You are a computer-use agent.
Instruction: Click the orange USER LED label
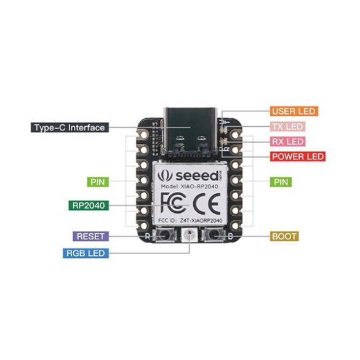(x=294, y=111)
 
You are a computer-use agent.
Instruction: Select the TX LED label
(x=287, y=127)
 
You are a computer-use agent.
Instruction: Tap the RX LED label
(x=287, y=142)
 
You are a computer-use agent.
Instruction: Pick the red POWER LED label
(x=298, y=156)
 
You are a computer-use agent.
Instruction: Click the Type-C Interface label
(x=70, y=127)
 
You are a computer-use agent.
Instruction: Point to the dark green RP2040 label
(x=89, y=206)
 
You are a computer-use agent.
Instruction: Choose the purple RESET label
(x=90, y=236)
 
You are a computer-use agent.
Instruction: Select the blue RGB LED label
(x=86, y=254)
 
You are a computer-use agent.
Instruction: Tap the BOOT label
(x=284, y=236)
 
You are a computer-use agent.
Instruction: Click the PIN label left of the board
(x=98, y=182)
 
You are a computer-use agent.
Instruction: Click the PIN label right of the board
(x=281, y=182)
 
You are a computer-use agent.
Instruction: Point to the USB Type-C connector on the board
(x=190, y=132)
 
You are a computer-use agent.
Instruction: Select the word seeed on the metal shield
(x=197, y=176)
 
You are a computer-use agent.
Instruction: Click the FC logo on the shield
(x=173, y=203)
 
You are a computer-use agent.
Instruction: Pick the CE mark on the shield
(x=207, y=204)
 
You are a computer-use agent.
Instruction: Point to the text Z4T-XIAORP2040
(x=201, y=221)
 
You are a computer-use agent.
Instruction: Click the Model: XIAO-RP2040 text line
(x=190, y=186)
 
